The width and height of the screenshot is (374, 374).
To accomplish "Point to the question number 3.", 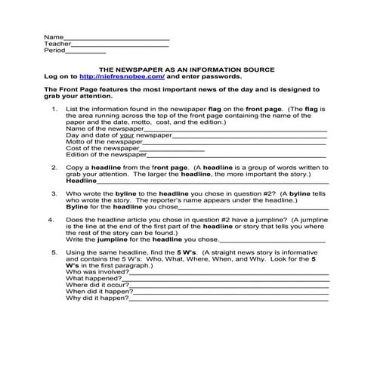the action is tap(54, 193).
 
